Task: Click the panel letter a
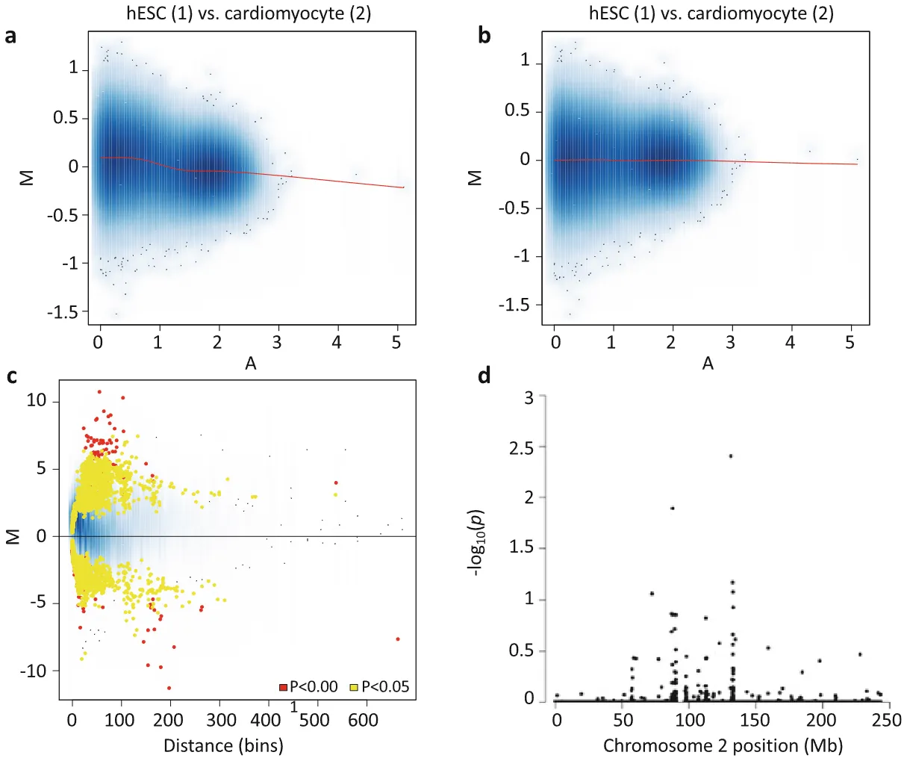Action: [10, 36]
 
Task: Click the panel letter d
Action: [484, 376]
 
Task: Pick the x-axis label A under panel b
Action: [708, 364]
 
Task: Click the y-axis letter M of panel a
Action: [28, 178]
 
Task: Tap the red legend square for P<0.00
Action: [284, 687]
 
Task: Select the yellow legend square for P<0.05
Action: [355, 687]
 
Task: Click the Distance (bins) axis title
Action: [223, 745]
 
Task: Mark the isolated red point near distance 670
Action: [398, 639]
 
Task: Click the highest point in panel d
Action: [731, 456]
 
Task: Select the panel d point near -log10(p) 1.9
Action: [673, 508]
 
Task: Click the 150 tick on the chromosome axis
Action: [755, 720]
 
